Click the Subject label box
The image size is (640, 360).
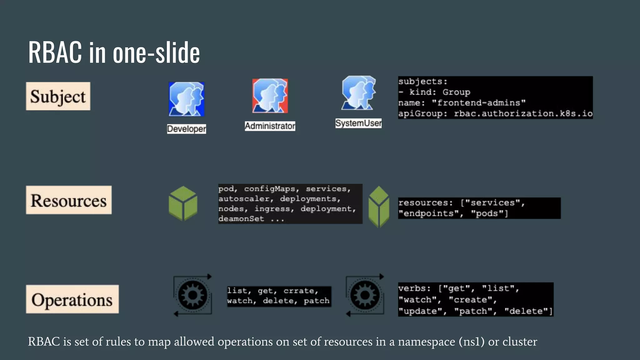58,96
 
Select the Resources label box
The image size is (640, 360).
69,200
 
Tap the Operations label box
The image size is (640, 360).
72,299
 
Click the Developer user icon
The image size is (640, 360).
186,99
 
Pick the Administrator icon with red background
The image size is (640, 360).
270,96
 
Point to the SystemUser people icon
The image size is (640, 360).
358,93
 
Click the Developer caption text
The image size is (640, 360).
187,129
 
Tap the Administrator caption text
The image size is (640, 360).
270,126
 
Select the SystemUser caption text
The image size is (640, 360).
358,123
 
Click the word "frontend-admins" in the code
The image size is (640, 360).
478,103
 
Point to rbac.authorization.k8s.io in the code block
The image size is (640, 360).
523,113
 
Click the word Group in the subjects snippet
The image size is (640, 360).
456,92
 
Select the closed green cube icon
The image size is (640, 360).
183,203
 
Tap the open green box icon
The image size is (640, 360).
379,207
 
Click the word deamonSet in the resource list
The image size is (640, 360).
241,219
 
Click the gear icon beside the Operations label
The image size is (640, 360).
192,295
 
